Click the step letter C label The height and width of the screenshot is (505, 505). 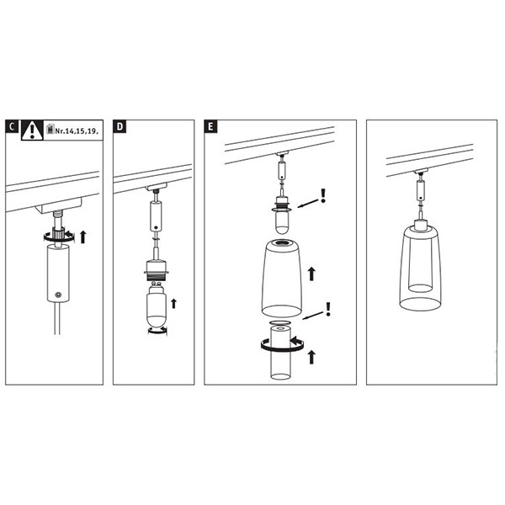coord(12,126)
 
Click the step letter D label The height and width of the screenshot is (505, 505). coord(120,126)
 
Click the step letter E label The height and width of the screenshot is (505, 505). coord(210,126)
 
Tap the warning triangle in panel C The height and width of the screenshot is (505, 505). coord(32,130)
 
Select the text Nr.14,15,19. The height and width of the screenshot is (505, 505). coord(77,130)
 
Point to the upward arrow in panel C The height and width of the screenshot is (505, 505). coord(83,237)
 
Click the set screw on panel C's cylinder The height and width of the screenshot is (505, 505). coord(58,295)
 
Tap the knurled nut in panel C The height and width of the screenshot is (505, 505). coord(58,233)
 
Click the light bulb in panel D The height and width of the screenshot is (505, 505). coord(157,304)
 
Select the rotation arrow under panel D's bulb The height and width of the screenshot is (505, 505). coord(157,331)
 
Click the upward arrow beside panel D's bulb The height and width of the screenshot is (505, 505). coord(174,303)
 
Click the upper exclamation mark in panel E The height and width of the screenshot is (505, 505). coord(323,196)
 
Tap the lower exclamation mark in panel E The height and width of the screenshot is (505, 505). coord(328,309)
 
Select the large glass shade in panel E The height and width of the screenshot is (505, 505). coord(282,279)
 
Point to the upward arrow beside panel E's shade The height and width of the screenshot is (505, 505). coord(311,274)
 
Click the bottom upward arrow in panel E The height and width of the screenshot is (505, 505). coord(311,357)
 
